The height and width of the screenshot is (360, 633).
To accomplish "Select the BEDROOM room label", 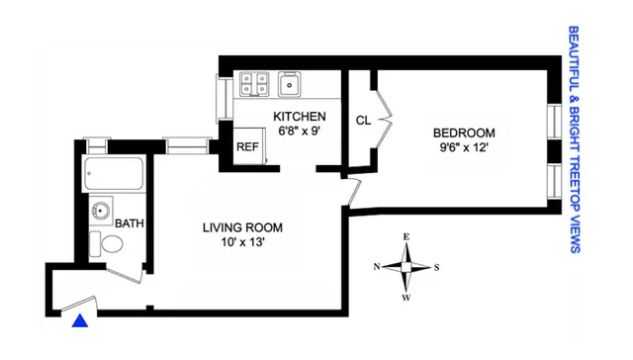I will tap(463, 133).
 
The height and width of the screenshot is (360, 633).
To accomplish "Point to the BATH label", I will tap(130, 224).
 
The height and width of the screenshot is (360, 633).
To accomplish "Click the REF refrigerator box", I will tap(247, 145).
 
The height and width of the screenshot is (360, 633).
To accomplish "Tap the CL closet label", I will tap(363, 121).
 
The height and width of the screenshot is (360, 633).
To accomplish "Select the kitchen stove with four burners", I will tap(251, 85).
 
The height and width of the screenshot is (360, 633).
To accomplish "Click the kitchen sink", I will tap(291, 86).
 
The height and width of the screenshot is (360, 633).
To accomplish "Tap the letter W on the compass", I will tap(407, 295).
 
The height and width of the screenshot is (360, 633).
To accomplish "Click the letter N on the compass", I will tap(377, 267).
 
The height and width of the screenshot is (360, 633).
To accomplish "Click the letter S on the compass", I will tap(437, 267).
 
